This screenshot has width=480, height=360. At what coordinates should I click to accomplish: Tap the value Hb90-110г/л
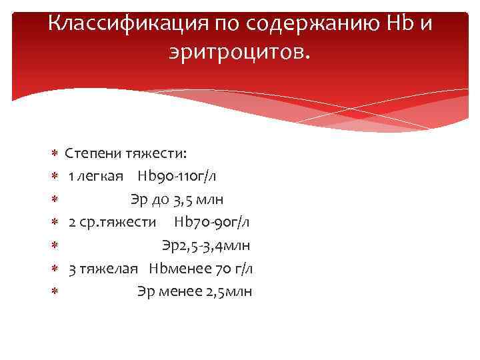pyautogui.click(x=177, y=177)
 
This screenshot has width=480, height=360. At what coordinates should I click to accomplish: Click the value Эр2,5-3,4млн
pyautogui.click(x=206, y=245)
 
